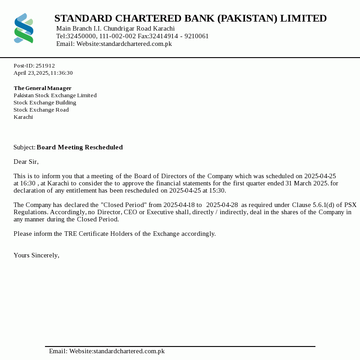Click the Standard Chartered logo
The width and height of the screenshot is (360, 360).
(x=24, y=28)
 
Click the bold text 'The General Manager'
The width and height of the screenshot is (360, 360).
(x=42, y=88)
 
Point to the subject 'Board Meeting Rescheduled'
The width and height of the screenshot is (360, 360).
(x=80, y=148)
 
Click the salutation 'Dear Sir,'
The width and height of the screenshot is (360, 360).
(x=26, y=162)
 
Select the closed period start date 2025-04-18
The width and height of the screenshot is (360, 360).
(x=179, y=205)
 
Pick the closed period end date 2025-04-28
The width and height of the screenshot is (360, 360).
(x=222, y=205)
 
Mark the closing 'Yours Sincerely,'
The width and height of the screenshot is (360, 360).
(x=36, y=256)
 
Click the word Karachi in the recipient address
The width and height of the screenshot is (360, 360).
(x=23, y=117)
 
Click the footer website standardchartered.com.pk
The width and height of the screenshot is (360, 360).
(x=129, y=351)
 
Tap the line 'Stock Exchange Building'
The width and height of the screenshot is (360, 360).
(x=45, y=103)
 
